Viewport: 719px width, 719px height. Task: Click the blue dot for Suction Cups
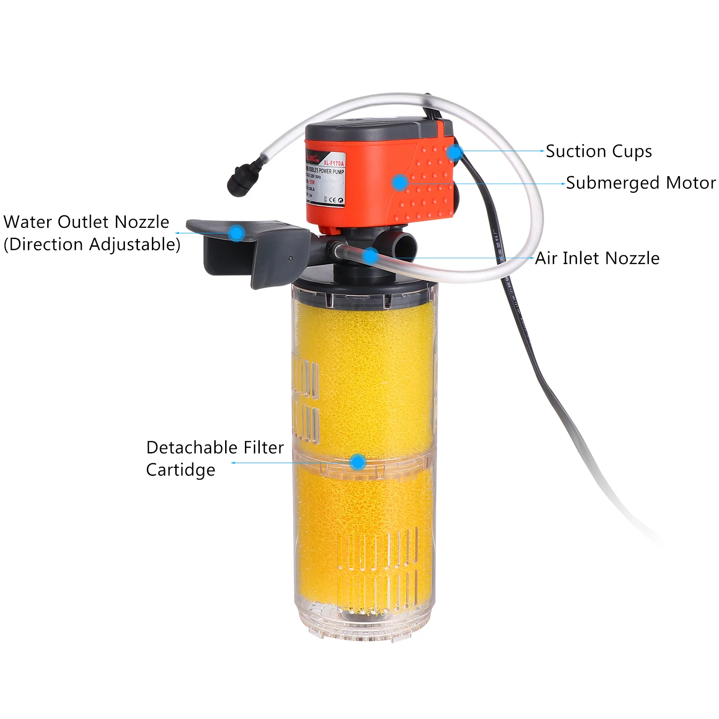click(455, 152)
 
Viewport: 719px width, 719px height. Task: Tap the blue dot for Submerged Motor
click(399, 182)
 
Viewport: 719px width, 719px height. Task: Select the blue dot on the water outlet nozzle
click(236, 233)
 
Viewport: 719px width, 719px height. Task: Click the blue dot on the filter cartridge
click(357, 462)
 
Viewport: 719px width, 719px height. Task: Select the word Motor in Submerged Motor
click(691, 183)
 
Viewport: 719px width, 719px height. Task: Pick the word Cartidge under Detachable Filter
click(181, 470)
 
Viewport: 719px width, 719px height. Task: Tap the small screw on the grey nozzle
click(291, 258)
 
